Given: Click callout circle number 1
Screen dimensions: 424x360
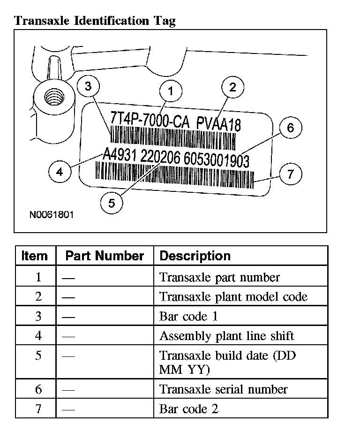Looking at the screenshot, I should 171,91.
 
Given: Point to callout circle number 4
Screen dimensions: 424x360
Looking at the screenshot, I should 60,172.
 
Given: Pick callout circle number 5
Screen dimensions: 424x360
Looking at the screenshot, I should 111,203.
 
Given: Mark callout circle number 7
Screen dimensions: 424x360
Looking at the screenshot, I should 290,174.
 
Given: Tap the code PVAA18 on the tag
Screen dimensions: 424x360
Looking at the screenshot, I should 219,125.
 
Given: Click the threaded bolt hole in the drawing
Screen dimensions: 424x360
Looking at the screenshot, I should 51,98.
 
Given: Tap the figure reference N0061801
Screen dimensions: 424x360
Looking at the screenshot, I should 52,215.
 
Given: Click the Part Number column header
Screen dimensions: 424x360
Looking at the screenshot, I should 105,256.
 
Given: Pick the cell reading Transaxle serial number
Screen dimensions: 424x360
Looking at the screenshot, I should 224,389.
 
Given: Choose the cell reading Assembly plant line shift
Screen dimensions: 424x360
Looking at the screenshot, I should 227,336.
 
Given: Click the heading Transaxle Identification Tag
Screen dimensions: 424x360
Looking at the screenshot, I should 95,21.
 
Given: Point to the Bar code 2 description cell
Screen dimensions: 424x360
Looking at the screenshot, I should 189,409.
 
